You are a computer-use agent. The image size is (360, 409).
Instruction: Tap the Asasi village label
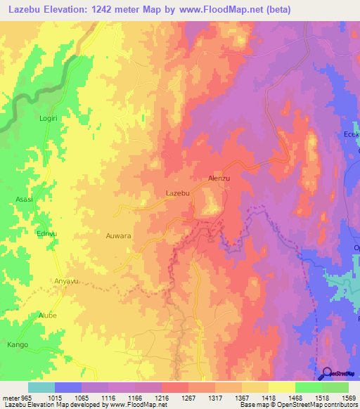[x=24, y=200]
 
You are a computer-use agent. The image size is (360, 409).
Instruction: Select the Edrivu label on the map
[x=46, y=233]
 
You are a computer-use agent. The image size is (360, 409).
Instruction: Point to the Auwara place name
[x=118, y=236]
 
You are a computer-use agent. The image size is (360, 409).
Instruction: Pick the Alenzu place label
[x=219, y=179]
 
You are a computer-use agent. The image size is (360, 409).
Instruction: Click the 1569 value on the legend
[x=348, y=397]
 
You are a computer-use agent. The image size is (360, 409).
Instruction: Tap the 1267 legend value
[x=188, y=397]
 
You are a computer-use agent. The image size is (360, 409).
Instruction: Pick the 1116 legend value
[x=108, y=397]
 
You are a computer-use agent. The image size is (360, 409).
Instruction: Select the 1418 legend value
[x=268, y=397]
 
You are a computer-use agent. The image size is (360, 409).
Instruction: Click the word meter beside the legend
[x=11, y=397]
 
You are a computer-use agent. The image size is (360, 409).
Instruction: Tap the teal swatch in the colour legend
[x=41, y=387]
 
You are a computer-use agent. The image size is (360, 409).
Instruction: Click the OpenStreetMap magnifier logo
[x=328, y=374]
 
